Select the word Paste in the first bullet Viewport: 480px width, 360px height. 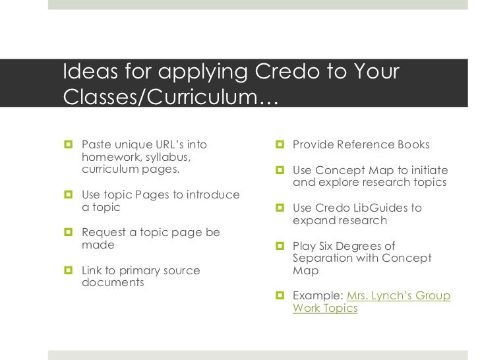[95, 144]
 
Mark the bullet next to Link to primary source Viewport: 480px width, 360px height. [69, 270]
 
